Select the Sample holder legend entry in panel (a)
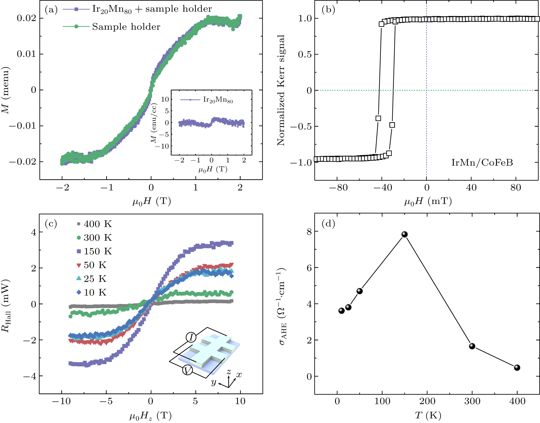click(x=126, y=27)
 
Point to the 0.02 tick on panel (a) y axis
click(x=26, y=18)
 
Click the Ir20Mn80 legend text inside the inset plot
click(x=218, y=100)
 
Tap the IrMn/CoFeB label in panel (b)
click(x=482, y=163)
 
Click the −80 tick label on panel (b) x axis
click(x=338, y=188)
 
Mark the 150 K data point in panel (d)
click(x=405, y=234)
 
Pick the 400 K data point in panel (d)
click(x=517, y=368)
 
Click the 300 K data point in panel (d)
click(x=472, y=346)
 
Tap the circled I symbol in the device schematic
click(x=191, y=338)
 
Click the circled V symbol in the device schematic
click(x=188, y=370)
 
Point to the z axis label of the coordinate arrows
click(x=229, y=371)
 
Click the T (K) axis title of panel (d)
click(x=428, y=415)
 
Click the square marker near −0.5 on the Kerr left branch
click(x=378, y=118)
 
